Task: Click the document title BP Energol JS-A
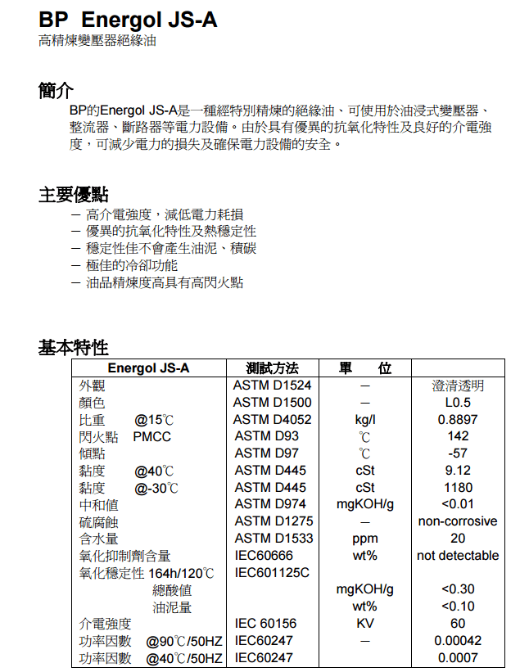128,20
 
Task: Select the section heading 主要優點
73,194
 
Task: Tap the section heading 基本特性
73,347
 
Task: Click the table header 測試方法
272,368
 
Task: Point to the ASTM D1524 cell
272,386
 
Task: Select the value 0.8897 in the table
458,420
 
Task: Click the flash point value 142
458,436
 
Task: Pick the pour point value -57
458,453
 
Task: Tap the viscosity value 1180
458,488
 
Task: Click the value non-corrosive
458,521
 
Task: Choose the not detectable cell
458,556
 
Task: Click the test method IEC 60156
265,624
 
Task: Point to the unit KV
365,624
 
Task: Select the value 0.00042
458,641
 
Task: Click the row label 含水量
99,539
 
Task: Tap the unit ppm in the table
365,539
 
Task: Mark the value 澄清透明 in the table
458,386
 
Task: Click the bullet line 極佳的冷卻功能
131,265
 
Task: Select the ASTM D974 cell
270,504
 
